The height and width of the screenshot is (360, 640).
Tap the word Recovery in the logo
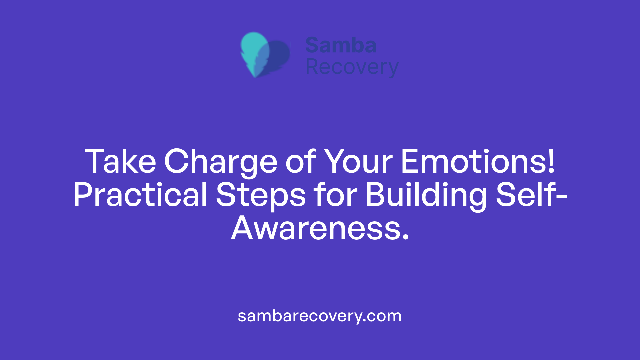352,67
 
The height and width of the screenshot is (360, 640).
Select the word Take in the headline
120,162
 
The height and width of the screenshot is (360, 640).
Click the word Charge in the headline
220,162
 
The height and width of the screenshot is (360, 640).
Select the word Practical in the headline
140,195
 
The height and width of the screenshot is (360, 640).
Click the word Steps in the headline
261,195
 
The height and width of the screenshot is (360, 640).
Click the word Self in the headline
525,195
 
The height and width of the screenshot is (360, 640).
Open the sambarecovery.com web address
320,316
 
